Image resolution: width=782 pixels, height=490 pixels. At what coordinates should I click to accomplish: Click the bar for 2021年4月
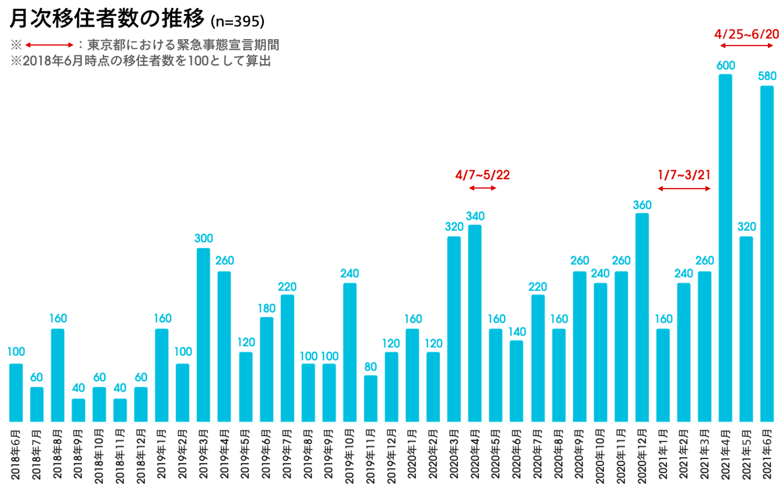click(725, 248)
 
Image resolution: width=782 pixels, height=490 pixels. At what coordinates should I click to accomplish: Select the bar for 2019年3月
click(203, 335)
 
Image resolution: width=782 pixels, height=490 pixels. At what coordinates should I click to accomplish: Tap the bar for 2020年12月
click(642, 317)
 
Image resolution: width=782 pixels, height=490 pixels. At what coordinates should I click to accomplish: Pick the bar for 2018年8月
click(58, 375)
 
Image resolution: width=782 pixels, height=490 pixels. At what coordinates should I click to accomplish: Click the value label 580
click(767, 76)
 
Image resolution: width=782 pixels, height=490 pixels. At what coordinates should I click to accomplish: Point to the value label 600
click(726, 66)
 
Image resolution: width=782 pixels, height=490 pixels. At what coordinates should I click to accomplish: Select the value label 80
click(370, 367)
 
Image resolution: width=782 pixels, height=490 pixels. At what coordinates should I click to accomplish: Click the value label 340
click(475, 216)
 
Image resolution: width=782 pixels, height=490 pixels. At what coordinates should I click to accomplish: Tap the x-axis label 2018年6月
click(16, 455)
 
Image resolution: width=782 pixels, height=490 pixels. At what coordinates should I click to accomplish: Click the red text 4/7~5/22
click(482, 175)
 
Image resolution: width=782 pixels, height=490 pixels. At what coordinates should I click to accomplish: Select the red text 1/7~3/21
click(684, 175)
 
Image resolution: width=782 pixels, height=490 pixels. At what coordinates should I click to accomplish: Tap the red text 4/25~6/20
click(746, 34)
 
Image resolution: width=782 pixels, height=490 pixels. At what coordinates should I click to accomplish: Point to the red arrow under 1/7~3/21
click(684, 189)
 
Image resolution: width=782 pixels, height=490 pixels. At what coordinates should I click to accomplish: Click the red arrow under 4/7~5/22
click(482, 188)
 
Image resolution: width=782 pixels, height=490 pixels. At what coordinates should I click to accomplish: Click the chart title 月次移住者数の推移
click(107, 18)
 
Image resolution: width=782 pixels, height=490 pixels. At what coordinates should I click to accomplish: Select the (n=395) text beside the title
click(237, 21)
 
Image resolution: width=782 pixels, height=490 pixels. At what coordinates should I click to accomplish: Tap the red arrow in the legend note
click(49, 45)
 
